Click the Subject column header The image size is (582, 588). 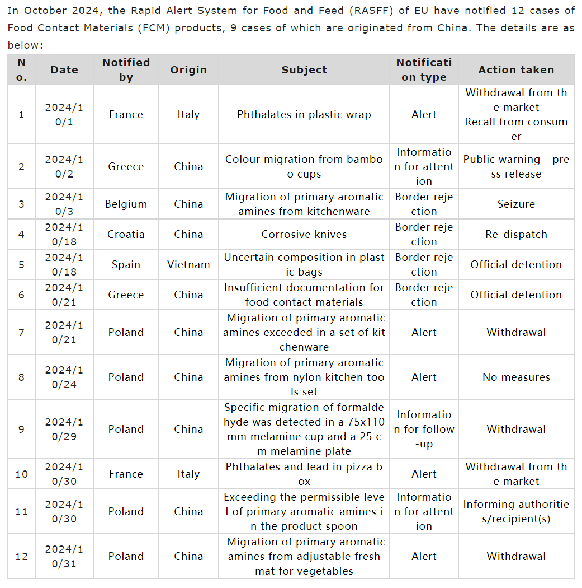304,70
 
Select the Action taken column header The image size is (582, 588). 516,70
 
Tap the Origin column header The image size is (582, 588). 188,70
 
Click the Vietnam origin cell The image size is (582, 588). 188,265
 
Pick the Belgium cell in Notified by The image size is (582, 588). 126,204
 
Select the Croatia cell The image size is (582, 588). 126,235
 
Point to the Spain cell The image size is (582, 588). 126,265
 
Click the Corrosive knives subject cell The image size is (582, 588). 304,235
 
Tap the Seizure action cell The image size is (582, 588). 516,204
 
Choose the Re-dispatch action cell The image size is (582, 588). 516,235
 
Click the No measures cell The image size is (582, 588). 516,377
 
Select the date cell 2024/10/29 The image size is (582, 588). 64,430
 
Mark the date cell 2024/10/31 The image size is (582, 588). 64,557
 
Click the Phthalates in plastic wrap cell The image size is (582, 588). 304,115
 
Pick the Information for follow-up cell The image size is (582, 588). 424,430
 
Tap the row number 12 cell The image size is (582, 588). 21,557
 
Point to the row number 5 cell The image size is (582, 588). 21,265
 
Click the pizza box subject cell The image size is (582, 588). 304,474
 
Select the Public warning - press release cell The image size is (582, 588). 516,167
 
